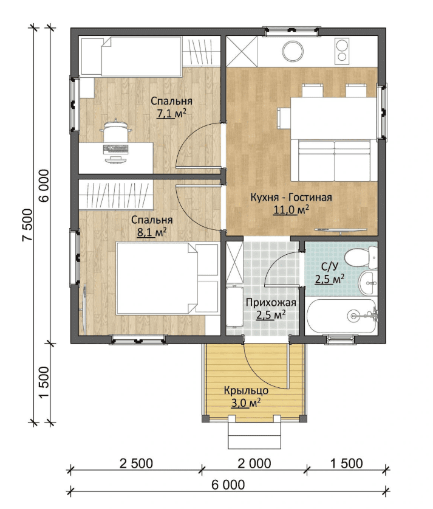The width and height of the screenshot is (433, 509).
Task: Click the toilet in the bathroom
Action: tap(361, 257)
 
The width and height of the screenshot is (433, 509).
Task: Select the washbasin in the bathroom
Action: tap(368, 283)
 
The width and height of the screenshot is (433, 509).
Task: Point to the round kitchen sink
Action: tap(293, 50)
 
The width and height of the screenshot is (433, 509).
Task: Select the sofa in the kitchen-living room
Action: tap(335, 161)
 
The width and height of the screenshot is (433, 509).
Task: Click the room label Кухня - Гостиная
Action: tap(291, 198)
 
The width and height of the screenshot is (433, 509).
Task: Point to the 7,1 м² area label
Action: tap(171, 114)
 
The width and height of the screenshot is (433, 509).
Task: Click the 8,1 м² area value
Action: tap(152, 233)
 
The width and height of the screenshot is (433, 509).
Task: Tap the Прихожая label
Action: tap(271, 303)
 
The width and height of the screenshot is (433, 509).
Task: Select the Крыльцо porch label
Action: tap(246, 390)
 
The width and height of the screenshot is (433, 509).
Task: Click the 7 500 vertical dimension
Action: tap(27, 224)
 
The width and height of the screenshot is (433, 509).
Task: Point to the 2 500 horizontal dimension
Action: tap(136, 463)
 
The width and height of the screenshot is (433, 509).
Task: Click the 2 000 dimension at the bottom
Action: tap(254, 463)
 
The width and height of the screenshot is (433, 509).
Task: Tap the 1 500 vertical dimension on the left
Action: tap(44, 382)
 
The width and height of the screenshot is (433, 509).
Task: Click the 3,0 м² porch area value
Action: tap(246, 403)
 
